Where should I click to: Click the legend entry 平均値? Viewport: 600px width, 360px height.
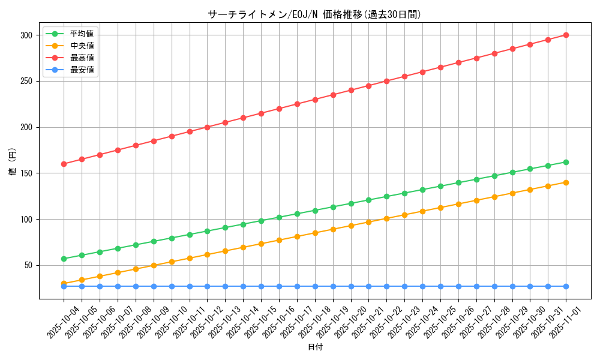pyautogui.click(x=82, y=34)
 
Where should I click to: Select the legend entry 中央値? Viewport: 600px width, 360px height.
pyautogui.click(x=82, y=46)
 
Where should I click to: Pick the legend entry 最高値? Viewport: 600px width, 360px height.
pyautogui.click(x=82, y=58)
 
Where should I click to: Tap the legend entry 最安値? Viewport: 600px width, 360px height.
pyautogui.click(x=82, y=70)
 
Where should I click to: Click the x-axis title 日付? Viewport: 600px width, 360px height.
pyautogui.click(x=315, y=347)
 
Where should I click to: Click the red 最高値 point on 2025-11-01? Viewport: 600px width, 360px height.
pyautogui.click(x=566, y=35)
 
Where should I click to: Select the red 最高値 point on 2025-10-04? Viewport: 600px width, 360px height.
pyautogui.click(x=64, y=164)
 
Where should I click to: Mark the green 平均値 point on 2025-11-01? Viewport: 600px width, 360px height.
pyautogui.click(x=566, y=162)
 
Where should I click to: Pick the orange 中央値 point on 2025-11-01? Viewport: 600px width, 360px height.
pyautogui.click(x=566, y=182)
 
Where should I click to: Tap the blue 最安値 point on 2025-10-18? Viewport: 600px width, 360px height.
pyautogui.click(x=315, y=286)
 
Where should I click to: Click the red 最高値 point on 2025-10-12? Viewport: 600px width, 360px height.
pyautogui.click(x=207, y=127)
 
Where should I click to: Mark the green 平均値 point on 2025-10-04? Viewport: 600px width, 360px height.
pyautogui.click(x=64, y=259)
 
